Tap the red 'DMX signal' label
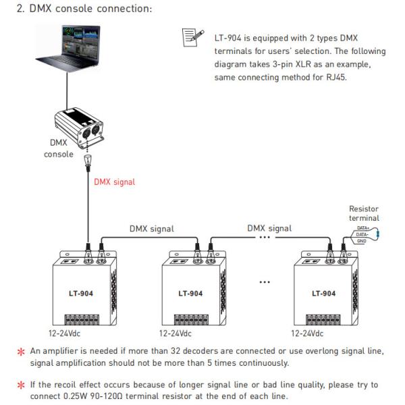[x=114, y=182]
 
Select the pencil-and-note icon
[x=190, y=38]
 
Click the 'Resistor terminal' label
[x=364, y=213]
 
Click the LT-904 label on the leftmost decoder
[x=82, y=294]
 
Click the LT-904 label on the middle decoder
[x=191, y=294]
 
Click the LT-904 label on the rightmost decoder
[x=323, y=294]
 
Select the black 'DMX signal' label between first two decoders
[x=151, y=228]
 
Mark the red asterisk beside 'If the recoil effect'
[x=20, y=385]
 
